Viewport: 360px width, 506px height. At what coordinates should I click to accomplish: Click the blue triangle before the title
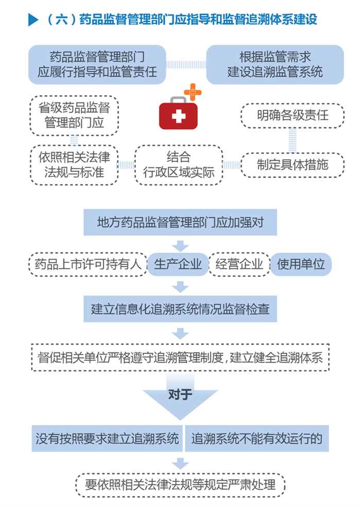(x=33, y=20)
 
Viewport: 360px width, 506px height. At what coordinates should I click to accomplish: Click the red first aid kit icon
(x=178, y=114)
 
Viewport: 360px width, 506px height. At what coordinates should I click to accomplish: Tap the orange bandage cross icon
(x=193, y=92)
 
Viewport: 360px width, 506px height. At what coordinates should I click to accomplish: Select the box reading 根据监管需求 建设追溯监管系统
(x=275, y=64)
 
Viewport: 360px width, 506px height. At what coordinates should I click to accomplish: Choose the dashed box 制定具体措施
(x=293, y=165)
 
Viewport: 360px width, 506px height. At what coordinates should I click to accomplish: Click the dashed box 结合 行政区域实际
(x=178, y=165)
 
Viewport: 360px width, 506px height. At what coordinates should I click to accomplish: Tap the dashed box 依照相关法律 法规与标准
(x=74, y=165)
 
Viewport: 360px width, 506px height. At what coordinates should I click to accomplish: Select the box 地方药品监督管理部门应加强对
(x=180, y=223)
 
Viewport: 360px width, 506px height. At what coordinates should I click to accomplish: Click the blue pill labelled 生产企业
(x=178, y=265)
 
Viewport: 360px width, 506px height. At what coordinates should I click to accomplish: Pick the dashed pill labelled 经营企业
(x=239, y=265)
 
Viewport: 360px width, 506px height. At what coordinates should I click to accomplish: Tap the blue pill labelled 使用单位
(x=301, y=265)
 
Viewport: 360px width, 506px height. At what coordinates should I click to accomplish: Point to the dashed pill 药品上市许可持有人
(x=88, y=265)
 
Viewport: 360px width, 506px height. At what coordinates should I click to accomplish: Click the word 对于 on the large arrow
(x=180, y=395)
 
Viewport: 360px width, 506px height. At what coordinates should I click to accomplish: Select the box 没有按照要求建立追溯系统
(x=107, y=438)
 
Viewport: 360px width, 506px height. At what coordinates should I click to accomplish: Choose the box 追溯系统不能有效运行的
(x=256, y=438)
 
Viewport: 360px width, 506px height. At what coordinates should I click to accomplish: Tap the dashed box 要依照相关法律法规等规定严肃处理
(x=180, y=484)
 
